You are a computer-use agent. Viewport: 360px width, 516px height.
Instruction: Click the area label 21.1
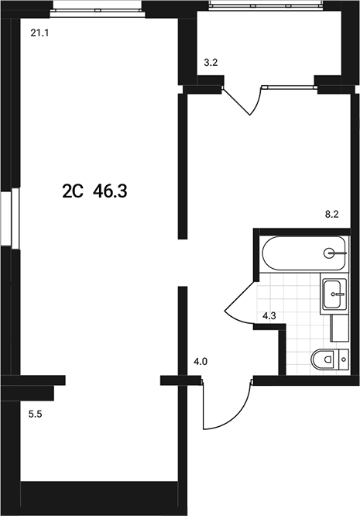click(x=39, y=33)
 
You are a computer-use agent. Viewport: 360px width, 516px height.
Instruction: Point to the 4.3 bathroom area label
click(x=270, y=316)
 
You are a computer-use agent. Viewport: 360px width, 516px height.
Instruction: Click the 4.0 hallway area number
click(x=201, y=361)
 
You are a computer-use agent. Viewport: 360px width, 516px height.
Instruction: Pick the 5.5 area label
click(x=36, y=415)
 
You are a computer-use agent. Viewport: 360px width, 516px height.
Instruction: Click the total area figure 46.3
click(x=109, y=191)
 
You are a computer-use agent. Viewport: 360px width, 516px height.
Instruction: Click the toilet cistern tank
click(x=345, y=358)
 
